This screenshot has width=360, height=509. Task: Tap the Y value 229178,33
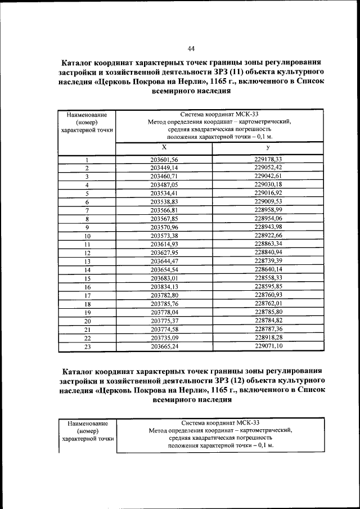[268, 160]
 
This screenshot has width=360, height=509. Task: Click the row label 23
[87, 346]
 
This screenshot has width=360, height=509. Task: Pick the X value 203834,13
[164, 287]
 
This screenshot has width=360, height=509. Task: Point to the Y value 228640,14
[268, 269]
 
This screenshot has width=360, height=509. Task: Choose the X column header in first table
[164, 148]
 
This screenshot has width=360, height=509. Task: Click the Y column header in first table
[268, 148]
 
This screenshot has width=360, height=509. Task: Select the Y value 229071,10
[268, 346]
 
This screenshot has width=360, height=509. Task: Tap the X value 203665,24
[164, 346]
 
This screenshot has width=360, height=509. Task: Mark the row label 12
[87, 253]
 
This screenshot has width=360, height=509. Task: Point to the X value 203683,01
[164, 278]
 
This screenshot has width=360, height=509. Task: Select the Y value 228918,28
[268, 337]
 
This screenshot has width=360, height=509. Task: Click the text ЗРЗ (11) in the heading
[227, 74]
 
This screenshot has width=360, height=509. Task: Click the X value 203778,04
[164, 312]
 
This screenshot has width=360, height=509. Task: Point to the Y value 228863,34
[268, 244]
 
